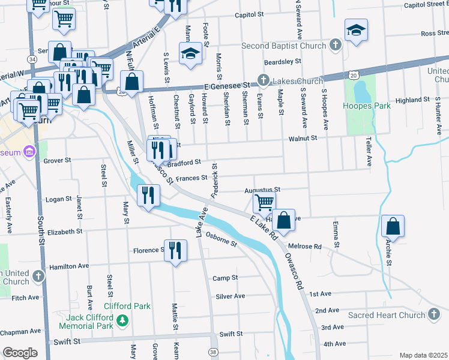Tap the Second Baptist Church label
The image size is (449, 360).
click(x=283, y=46)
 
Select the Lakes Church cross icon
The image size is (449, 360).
click(x=263, y=80)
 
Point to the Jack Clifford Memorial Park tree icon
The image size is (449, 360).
click(x=123, y=321)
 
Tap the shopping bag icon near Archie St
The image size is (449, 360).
click(x=393, y=227)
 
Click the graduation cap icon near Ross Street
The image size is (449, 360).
click(x=356, y=30)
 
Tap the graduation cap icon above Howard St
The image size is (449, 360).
click(x=190, y=53)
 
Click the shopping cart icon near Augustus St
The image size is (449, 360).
click(x=264, y=203)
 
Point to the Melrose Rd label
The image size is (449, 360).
click(x=322, y=247)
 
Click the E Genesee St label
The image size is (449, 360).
click(x=226, y=87)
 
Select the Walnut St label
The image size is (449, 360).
click(x=302, y=139)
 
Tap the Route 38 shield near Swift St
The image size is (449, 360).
click(x=212, y=352)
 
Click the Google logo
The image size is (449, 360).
click(x=20, y=353)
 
